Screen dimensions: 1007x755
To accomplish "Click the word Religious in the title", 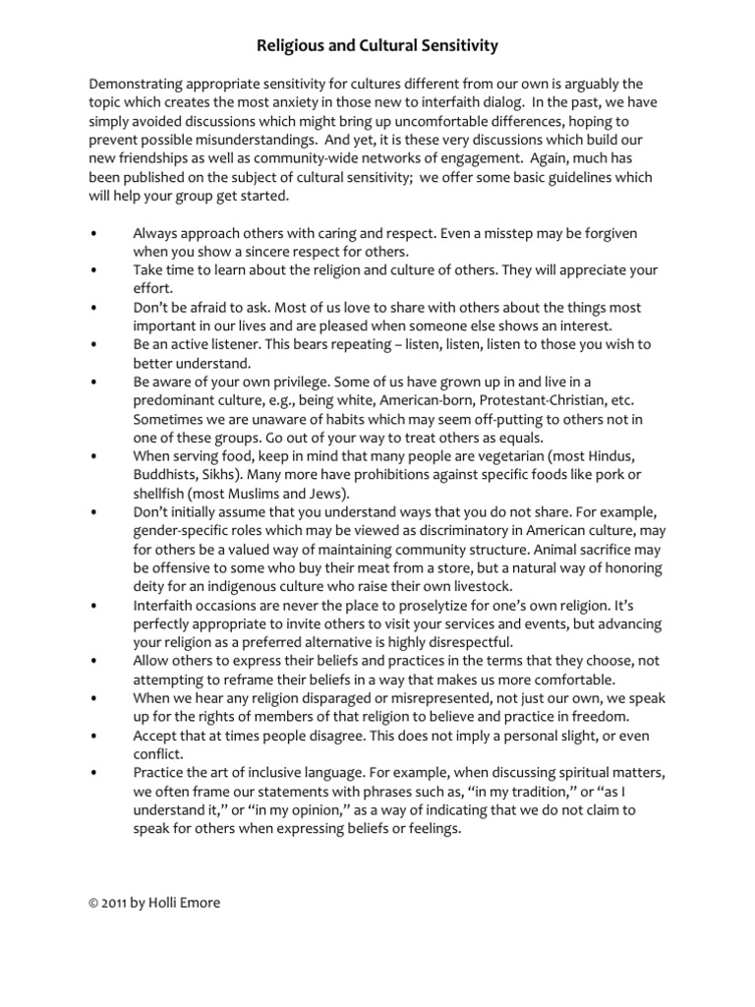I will (x=291, y=45).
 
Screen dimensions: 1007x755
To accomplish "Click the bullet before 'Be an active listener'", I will (x=91, y=344).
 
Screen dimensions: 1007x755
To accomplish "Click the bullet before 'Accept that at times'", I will (x=91, y=737).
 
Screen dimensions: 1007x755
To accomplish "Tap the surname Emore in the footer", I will (x=197, y=904).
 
